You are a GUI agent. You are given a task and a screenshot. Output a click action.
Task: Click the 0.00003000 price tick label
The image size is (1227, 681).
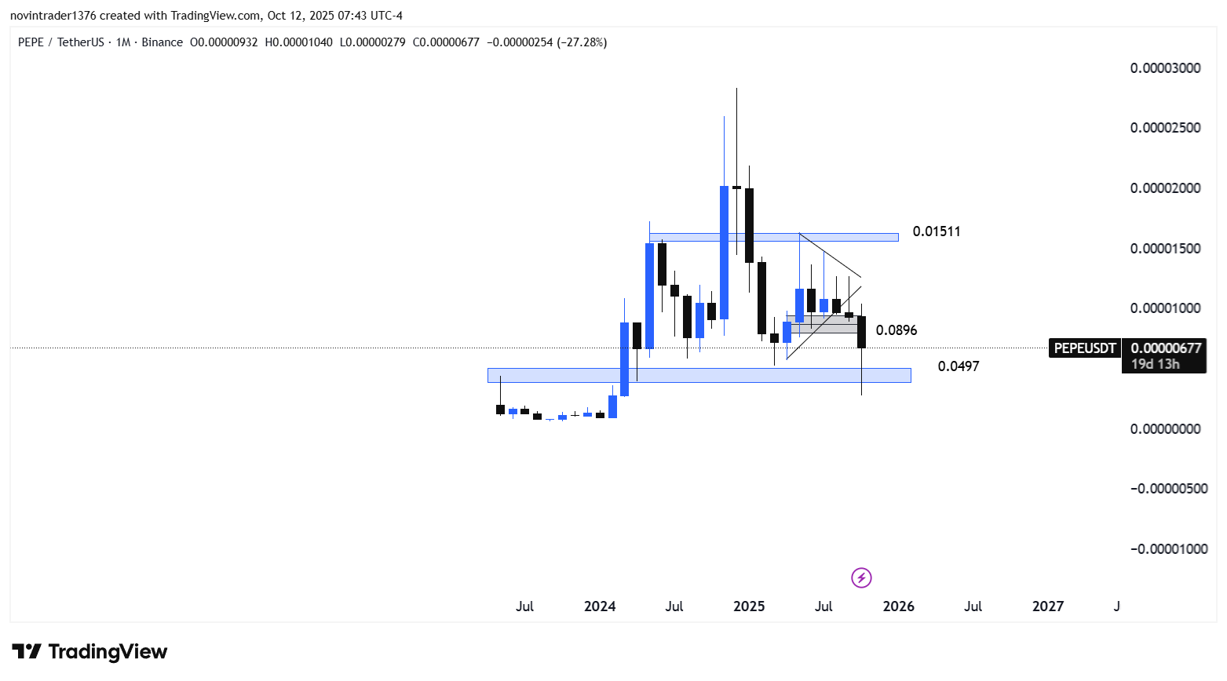(x=1165, y=68)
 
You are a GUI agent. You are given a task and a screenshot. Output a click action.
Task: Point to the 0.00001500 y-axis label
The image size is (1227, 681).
(x=1165, y=249)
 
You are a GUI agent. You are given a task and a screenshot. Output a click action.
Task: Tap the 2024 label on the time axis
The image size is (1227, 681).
(x=600, y=606)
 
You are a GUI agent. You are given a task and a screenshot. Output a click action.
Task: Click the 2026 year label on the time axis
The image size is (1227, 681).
(x=898, y=606)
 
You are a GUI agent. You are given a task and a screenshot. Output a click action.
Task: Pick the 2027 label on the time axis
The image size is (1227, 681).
(x=1048, y=606)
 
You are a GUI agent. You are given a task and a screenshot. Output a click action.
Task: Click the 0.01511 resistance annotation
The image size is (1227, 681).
(x=936, y=231)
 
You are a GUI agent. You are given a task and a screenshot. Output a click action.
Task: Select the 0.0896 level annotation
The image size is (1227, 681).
(x=896, y=330)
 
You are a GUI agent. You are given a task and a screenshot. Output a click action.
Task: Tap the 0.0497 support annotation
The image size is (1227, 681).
(x=958, y=366)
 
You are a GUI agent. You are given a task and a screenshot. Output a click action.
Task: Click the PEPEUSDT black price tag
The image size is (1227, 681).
(x=1084, y=348)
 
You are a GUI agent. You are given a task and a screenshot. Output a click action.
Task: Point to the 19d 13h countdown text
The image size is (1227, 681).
(x=1155, y=364)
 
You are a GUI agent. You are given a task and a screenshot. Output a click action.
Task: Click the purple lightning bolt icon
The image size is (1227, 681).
(x=861, y=578)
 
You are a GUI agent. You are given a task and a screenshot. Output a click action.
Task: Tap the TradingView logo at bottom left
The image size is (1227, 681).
(x=89, y=652)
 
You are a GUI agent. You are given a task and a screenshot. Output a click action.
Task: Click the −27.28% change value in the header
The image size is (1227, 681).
(x=582, y=42)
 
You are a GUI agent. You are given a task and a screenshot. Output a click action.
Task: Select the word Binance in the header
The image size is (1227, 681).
(x=162, y=42)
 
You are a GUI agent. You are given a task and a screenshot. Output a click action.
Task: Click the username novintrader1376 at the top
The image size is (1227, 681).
(x=53, y=16)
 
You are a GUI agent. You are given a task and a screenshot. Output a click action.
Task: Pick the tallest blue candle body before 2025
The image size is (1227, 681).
(x=724, y=252)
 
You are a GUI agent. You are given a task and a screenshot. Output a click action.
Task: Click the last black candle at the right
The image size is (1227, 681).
(x=861, y=332)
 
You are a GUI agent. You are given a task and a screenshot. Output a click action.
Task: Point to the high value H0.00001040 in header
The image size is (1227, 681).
(x=298, y=42)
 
